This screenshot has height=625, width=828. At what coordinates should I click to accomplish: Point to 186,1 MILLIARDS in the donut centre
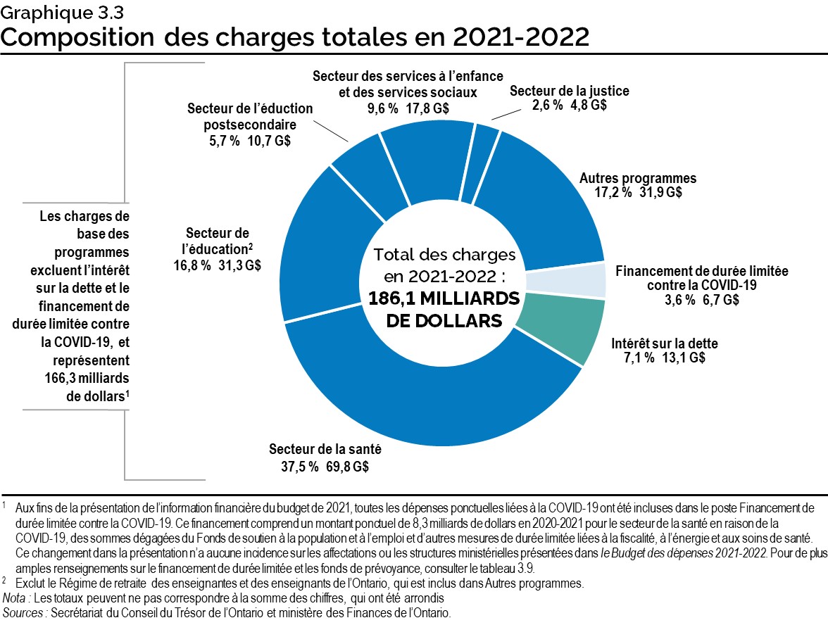(x=444, y=299)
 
